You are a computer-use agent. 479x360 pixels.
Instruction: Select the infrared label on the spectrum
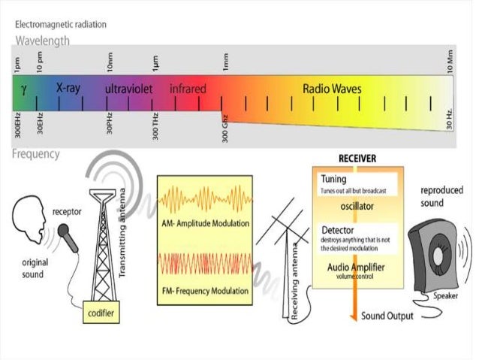pos(188,89)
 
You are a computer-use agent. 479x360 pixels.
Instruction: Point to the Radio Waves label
pos(332,89)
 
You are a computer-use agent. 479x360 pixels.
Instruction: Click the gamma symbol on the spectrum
pos(24,89)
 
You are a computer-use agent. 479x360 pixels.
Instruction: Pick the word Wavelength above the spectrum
pos(43,41)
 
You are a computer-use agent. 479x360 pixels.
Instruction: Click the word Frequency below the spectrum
pos(36,154)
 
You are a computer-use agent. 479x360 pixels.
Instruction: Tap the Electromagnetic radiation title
pos(61,24)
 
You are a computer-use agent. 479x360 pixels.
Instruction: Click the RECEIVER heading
pos(357,159)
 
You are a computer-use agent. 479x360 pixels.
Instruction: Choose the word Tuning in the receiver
pos(333,180)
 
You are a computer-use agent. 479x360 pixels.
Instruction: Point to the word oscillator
pos(358,204)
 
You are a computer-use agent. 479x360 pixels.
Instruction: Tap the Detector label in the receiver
pos(338,228)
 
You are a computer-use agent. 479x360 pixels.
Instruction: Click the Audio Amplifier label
pos(357,267)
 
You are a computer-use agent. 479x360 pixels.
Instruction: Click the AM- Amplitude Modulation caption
pos(203,225)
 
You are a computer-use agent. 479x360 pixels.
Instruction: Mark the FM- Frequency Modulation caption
pos(203,291)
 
